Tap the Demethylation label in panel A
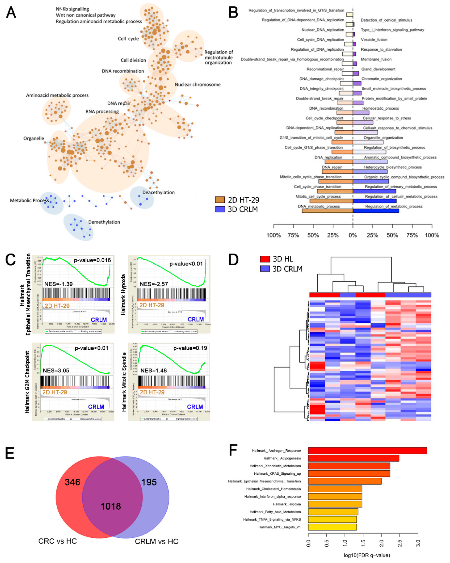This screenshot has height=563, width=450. [x=104, y=222]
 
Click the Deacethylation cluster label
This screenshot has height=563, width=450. [x=158, y=192]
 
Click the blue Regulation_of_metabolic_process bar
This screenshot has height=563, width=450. [x=376, y=210]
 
